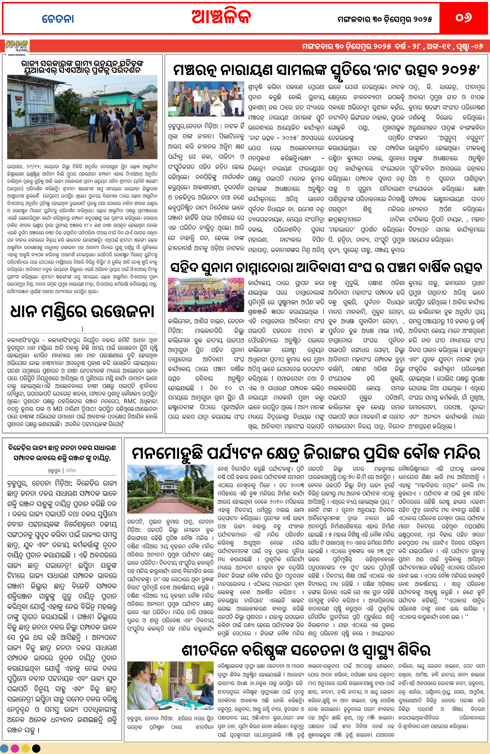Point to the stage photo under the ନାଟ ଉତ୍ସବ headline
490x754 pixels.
(206, 99)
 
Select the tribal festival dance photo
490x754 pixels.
(206, 295)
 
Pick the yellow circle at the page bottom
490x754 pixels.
(26, 748)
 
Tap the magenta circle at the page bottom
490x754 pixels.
(15, 748)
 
